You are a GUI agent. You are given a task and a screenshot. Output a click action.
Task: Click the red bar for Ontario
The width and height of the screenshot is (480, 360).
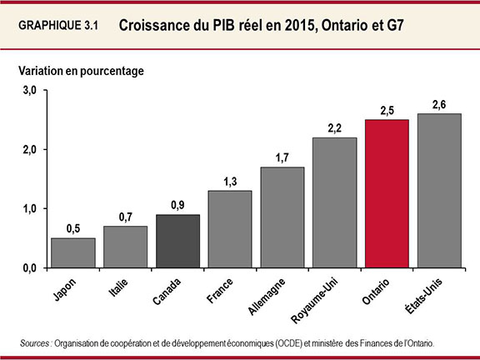pyautogui.click(x=387, y=193)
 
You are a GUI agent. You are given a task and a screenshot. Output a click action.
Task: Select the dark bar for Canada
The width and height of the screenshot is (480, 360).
pyautogui.click(x=177, y=241)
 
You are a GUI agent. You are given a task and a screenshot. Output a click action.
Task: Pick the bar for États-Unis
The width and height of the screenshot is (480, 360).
pyautogui.click(x=439, y=191)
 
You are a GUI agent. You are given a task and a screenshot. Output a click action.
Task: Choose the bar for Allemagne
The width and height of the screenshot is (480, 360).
pyautogui.click(x=282, y=217)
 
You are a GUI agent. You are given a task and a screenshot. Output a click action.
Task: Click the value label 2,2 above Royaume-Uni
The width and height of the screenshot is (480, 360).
pyautogui.click(x=334, y=128)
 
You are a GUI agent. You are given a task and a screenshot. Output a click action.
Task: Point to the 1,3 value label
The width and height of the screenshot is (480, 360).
pyautogui.click(x=229, y=181)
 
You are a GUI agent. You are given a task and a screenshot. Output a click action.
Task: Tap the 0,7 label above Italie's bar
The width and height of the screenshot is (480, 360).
pyautogui.click(x=124, y=217)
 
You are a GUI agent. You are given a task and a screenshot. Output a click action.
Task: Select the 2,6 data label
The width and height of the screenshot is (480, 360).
pyautogui.click(x=439, y=104)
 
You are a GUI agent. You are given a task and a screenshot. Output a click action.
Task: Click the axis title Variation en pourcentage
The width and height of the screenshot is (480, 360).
pyautogui.click(x=81, y=71)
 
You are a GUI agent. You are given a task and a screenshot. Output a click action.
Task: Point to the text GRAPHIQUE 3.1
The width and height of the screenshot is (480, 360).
pyautogui.click(x=58, y=27)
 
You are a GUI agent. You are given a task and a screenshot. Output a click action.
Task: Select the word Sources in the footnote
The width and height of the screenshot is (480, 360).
pyautogui.click(x=37, y=342)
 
